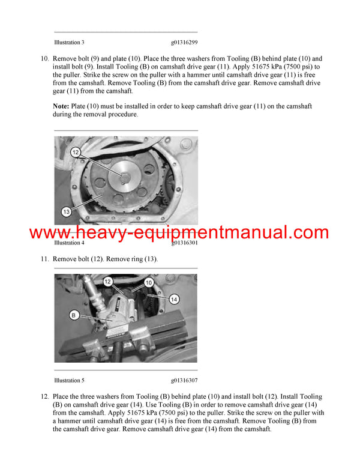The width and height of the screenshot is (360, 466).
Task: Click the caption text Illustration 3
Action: coord(69,43)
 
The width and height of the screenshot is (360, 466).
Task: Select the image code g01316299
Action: coord(184,43)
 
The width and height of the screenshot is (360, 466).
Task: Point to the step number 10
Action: coord(44,59)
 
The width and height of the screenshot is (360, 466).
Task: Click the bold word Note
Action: coord(62,106)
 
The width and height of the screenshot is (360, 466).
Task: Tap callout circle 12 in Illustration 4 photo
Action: coord(76,153)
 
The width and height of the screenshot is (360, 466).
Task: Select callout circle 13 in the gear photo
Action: coord(66,211)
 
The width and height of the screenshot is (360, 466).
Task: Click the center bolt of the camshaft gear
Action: coord(124,176)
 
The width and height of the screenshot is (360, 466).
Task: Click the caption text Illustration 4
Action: coord(69,243)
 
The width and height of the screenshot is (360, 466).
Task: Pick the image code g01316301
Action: coord(184,243)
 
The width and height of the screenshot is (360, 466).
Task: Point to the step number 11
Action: coord(44,259)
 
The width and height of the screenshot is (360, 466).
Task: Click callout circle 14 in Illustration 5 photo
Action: coord(173,298)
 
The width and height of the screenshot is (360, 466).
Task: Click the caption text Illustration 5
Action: coord(69,380)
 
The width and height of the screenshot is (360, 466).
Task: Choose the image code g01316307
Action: coord(184,380)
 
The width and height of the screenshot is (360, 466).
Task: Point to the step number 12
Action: coord(44,397)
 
